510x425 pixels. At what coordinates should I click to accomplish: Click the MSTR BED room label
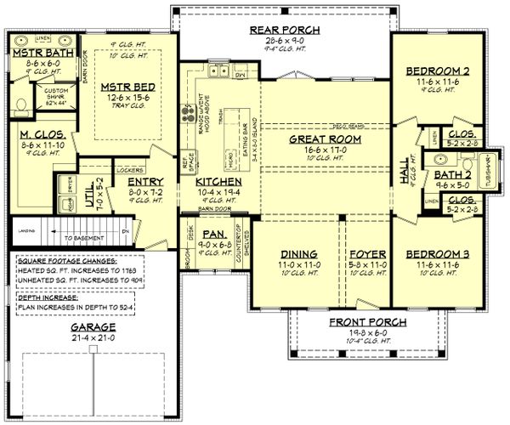pyautogui.click(x=127, y=86)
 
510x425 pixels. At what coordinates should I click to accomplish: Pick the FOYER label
pyautogui.click(x=366, y=254)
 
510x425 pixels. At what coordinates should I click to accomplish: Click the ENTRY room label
pyautogui.click(x=144, y=181)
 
